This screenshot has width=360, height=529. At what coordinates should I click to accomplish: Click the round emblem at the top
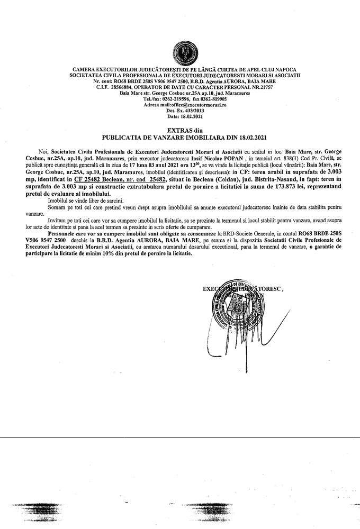click(x=180, y=53)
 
